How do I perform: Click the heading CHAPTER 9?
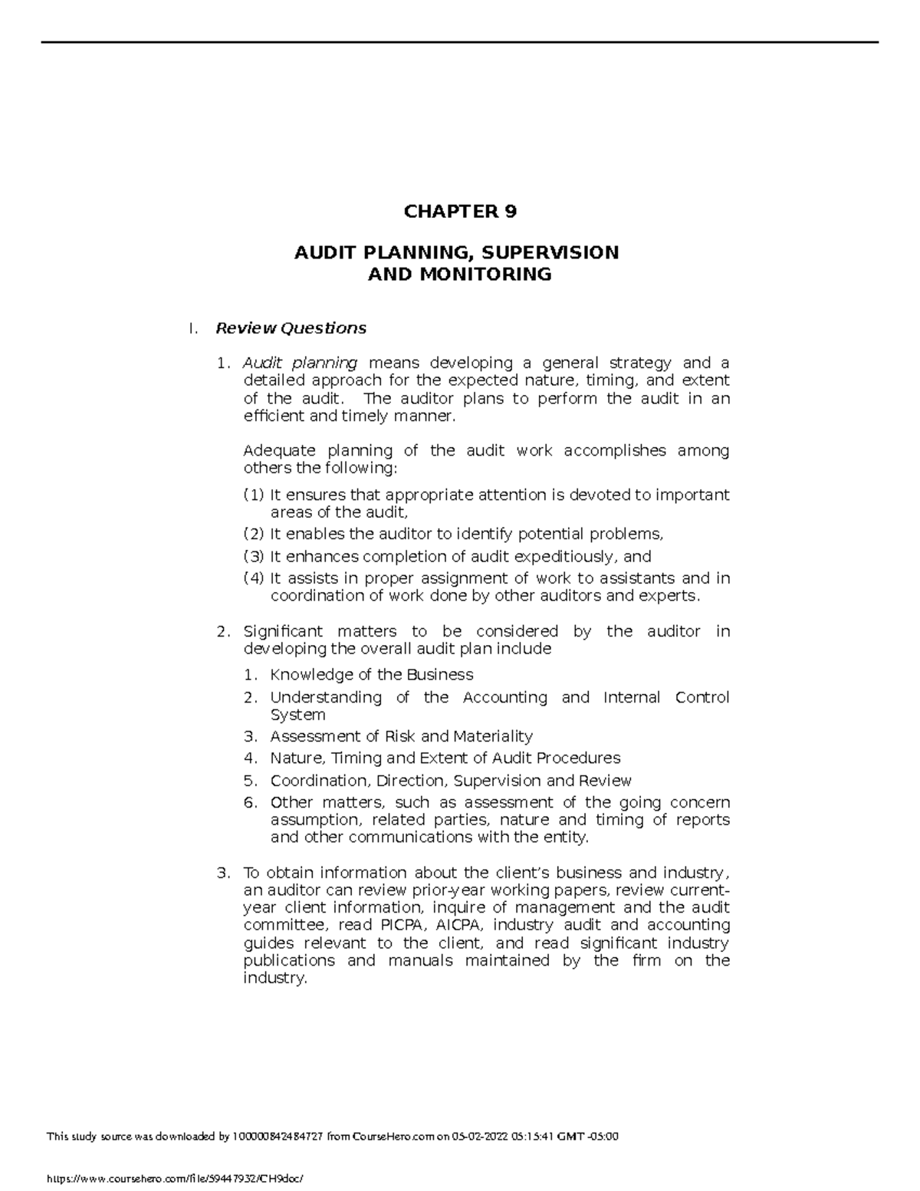pyautogui.click(x=460, y=212)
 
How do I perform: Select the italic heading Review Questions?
pyautogui.click(x=291, y=328)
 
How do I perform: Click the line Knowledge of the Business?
pyautogui.click(x=371, y=675)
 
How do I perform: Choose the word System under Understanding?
pyautogui.click(x=297, y=715)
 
